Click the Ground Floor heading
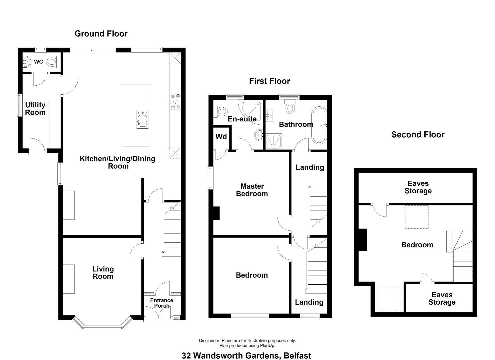[x=101, y=34]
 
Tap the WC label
[x=38, y=62]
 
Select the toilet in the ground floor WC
[x=53, y=62]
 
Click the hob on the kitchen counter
[x=175, y=102]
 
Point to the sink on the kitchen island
[x=142, y=119]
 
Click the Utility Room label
[x=35, y=109]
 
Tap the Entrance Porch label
[x=161, y=303]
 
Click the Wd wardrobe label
[x=221, y=137]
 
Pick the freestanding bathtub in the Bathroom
[x=319, y=125]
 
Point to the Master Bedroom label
[x=252, y=190]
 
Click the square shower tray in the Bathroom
[x=274, y=141]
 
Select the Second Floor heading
[x=418, y=135]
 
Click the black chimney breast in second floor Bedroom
[x=363, y=240]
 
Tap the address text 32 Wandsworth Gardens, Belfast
[x=246, y=356]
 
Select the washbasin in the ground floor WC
[x=27, y=61]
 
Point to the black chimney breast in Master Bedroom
[x=216, y=213]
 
